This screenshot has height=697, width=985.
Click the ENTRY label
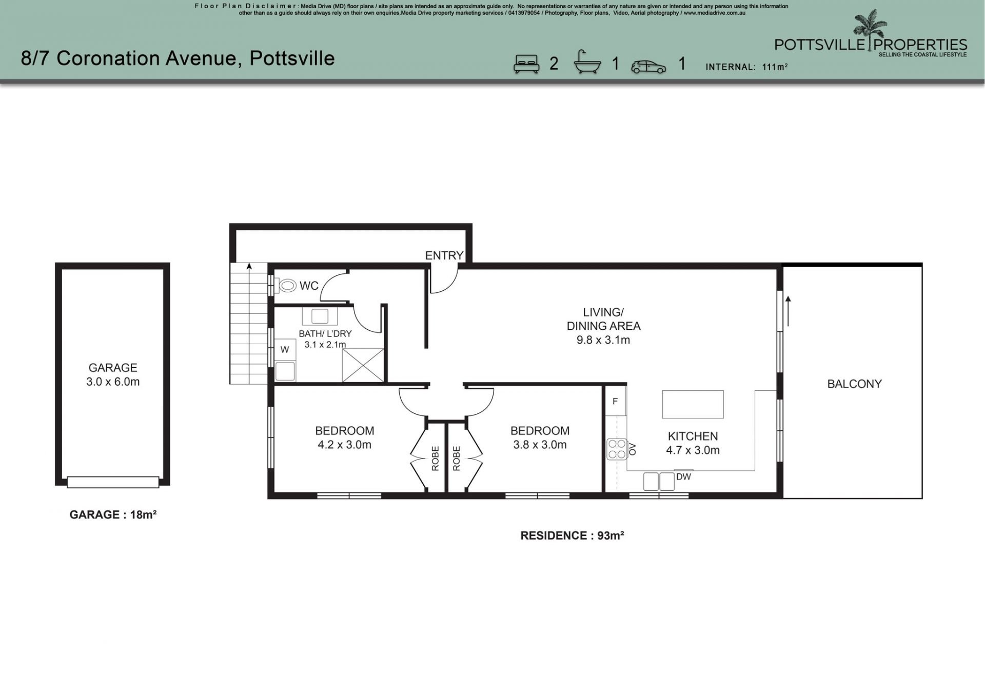coord(444,255)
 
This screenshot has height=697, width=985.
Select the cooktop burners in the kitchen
coord(616,449)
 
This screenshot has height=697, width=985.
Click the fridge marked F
coord(615,401)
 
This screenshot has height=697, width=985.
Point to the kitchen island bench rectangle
coord(693,404)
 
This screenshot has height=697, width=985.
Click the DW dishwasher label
coord(683,477)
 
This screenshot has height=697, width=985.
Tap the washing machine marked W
coord(285,350)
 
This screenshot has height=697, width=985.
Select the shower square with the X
coord(363,365)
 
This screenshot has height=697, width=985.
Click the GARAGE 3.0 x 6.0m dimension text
coord(113,382)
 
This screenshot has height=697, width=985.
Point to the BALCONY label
coord(854,384)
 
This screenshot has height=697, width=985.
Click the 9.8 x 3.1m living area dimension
coord(603,340)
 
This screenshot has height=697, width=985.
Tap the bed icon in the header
coord(526,64)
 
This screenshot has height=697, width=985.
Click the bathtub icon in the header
coord(587,63)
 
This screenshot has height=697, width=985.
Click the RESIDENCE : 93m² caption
coord(572,535)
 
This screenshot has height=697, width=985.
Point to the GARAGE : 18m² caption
coord(113,514)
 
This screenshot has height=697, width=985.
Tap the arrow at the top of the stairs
coord(249,267)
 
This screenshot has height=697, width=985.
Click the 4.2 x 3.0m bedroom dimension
coord(344,445)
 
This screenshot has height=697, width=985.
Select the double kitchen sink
coord(659,482)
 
